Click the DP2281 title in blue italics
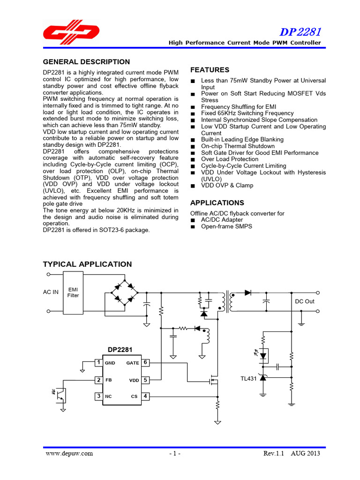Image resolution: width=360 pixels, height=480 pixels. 300,32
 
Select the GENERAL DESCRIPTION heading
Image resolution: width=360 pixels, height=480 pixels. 86,62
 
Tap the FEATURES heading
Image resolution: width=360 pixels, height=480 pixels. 210,70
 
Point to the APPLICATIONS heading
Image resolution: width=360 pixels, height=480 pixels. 217,203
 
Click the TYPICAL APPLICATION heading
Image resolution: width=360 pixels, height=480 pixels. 87,264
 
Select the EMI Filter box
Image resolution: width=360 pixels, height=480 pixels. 74,292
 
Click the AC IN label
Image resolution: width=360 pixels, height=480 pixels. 51,292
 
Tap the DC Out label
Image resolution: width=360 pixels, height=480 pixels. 305,301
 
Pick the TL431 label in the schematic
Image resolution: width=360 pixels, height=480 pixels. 249,379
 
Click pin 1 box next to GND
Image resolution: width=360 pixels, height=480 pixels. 98,362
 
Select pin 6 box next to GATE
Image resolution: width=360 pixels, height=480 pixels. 145,362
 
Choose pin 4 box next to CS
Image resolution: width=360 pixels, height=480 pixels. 145,396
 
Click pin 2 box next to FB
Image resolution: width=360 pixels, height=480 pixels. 98,380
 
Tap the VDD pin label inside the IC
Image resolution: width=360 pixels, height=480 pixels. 134,380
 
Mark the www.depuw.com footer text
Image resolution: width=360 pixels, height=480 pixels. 69,453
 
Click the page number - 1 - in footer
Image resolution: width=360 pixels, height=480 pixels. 174,454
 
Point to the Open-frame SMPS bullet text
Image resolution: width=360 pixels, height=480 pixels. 226,226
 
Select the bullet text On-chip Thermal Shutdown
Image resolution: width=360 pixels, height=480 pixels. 238,146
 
